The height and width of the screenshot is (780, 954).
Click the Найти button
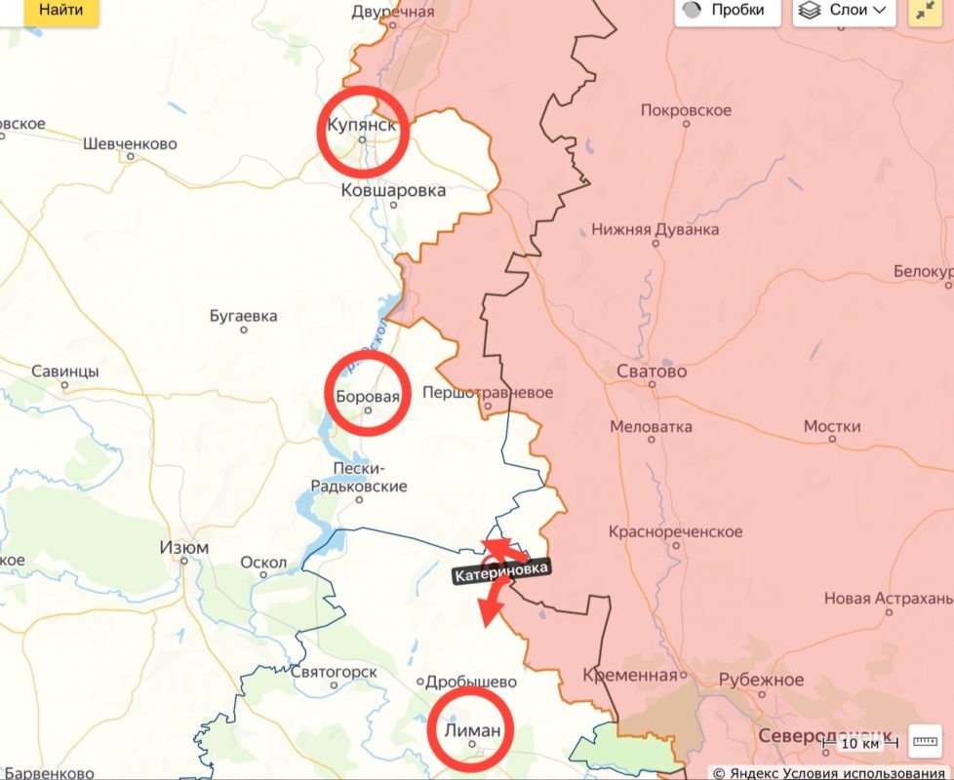60,11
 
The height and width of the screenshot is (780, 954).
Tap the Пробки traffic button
728,11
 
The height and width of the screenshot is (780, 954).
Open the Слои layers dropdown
845,11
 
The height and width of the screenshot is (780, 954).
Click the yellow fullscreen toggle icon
924,11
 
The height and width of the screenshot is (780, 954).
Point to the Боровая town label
367,397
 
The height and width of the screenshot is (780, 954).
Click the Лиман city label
472,731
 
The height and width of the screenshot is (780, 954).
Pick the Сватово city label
652,371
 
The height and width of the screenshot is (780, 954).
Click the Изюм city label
183,548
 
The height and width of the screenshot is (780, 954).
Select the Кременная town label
630,676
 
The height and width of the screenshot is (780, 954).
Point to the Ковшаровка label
393,190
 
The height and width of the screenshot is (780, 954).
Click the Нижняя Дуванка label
656,230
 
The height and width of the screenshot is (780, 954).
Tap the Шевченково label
130,144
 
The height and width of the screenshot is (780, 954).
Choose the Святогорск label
334,672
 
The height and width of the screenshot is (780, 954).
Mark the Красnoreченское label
675,532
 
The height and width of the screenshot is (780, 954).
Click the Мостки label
832,427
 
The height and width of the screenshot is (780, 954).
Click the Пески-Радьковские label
359,477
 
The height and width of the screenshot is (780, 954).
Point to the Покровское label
686,110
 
